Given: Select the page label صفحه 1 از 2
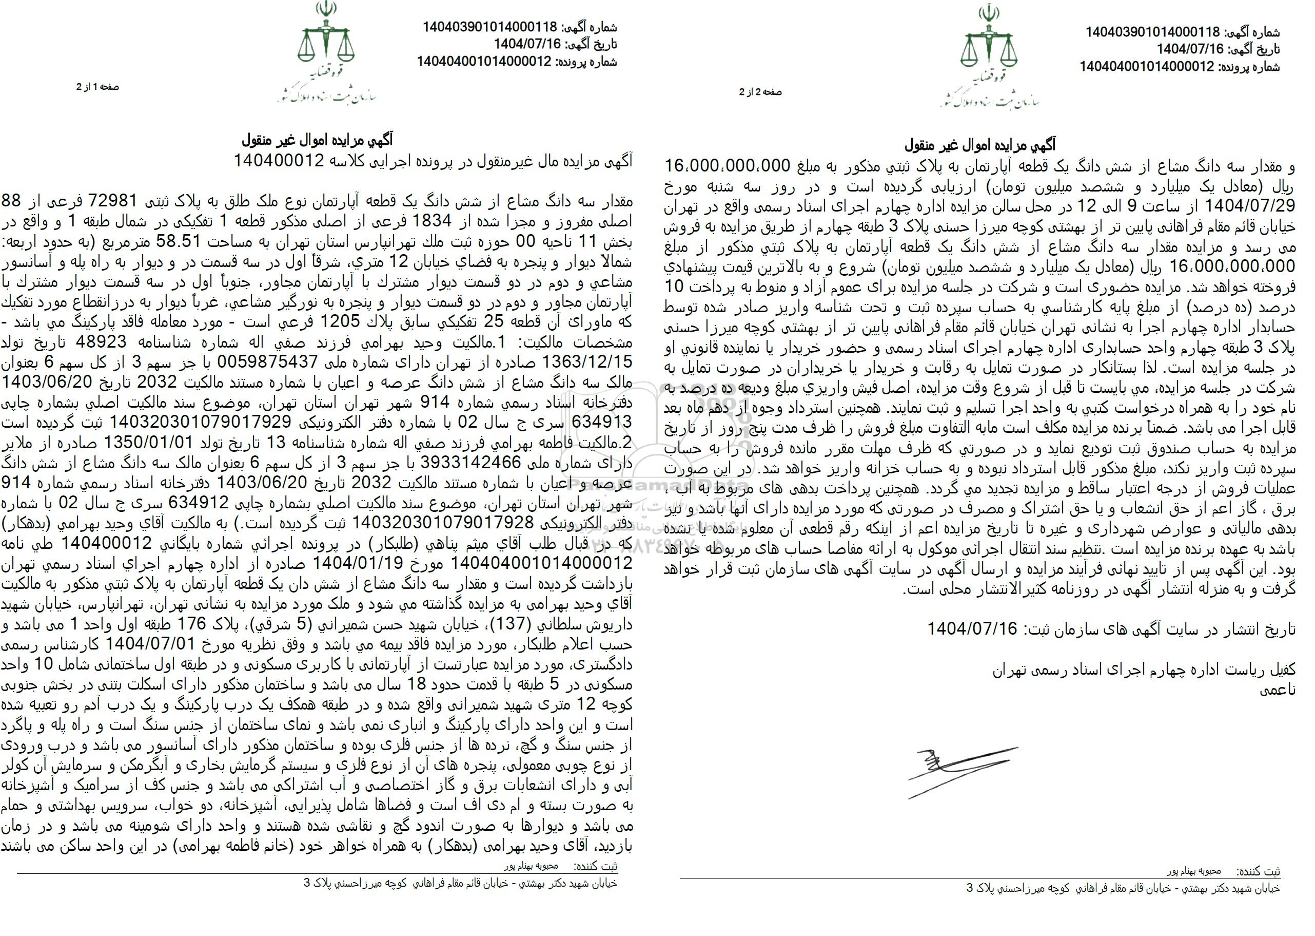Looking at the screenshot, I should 98,87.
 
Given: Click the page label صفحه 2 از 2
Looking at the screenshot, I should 761,91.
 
